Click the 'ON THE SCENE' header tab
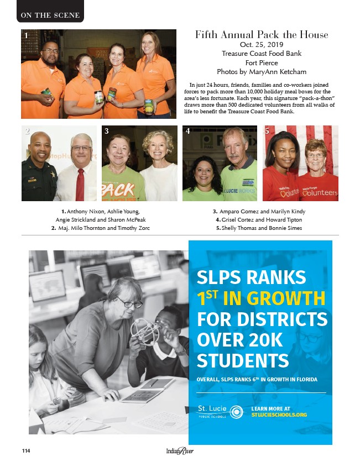coord(50,15)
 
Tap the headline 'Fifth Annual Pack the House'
coord(261,35)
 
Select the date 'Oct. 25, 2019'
coord(261,44)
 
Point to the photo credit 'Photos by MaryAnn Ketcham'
coord(261,71)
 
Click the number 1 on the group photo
coord(25,35)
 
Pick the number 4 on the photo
coord(188,132)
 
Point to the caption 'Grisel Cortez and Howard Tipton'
coord(259,220)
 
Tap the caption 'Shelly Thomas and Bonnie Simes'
coord(259,228)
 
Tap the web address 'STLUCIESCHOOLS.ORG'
coord(278,414)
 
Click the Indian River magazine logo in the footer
coord(180,451)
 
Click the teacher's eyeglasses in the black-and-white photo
coord(128,302)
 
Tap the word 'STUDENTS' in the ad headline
coord(243,360)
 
